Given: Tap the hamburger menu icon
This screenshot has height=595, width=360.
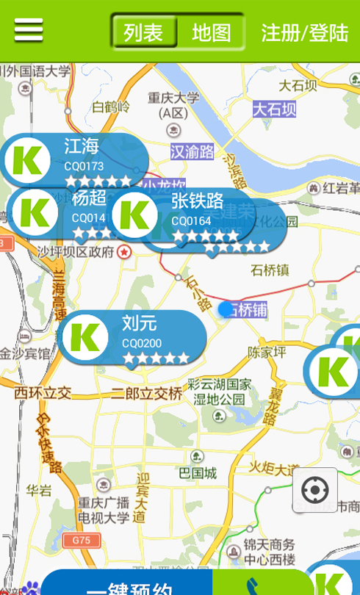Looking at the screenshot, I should tap(29, 30).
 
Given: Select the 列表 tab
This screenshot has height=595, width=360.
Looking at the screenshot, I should tap(144, 32).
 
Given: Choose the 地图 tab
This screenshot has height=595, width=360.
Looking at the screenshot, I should tap(211, 32).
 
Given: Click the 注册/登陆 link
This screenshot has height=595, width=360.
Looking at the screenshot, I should tap(305, 32).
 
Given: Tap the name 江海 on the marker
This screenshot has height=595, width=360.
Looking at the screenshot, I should tap(81, 146).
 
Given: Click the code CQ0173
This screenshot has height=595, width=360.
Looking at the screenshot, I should tap(84, 167).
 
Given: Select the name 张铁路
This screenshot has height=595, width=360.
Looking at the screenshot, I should tap(198, 201).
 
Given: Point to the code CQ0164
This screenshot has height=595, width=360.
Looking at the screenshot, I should tap(191, 220).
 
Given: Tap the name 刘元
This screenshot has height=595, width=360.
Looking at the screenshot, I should tap(140, 323).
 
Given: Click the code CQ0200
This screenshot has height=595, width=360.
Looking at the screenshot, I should tap(142, 343).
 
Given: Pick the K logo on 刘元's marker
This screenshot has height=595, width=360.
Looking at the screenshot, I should tap(85, 337).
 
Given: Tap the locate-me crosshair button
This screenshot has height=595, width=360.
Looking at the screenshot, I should tap(315, 490).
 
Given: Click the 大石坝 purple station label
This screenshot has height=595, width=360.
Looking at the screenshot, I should tap(275, 109).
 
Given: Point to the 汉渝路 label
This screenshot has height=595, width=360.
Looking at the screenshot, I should tap(192, 152).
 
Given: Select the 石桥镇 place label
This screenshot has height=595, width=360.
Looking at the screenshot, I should tap(270, 270).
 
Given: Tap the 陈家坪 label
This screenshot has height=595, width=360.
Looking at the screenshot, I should tap(267, 352).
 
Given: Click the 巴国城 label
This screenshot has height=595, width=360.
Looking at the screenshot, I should tap(198, 473).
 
